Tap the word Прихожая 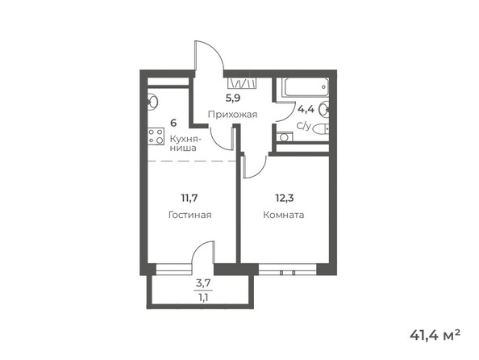coord(232,115)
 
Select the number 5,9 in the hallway coord(232,99)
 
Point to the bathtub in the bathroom coord(302,86)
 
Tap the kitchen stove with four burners coord(155,136)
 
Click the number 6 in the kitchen coord(173,123)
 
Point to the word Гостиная coord(190,215)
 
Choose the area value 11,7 coord(190,195)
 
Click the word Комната coord(284,215)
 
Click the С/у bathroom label coord(304,126)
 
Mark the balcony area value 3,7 coord(203,283)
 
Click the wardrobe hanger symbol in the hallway coord(242,82)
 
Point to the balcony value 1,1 coord(203,296)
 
